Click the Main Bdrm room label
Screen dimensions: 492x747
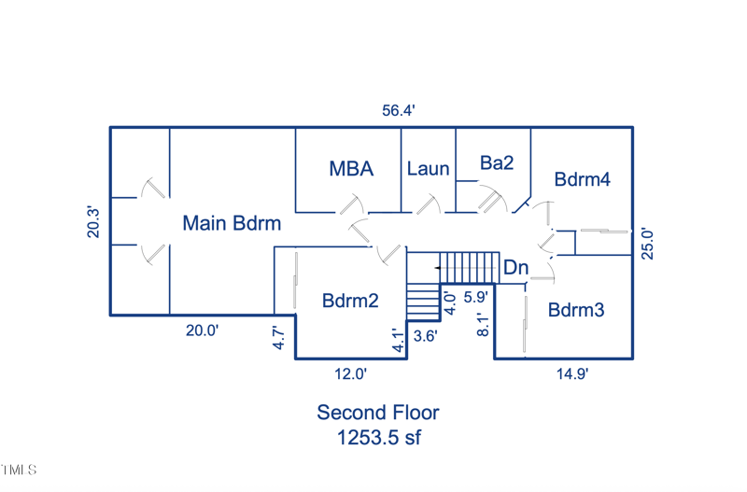232,224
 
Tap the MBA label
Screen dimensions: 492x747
351,169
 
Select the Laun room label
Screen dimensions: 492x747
429,169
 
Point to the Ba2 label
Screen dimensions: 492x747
497,163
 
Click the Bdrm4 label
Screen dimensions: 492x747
582,179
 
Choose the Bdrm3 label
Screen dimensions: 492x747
576,310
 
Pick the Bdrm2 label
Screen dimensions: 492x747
350,301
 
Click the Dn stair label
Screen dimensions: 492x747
515,268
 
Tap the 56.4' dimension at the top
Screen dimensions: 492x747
398,110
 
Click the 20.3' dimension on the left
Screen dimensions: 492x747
93,221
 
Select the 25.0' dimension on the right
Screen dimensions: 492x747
646,243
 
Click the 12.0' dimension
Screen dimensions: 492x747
351,373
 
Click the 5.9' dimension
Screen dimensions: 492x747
475,298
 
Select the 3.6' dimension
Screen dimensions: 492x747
425,335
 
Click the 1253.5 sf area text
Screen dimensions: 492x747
378,438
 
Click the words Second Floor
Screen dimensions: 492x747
378,413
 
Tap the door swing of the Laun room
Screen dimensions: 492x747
430,204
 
